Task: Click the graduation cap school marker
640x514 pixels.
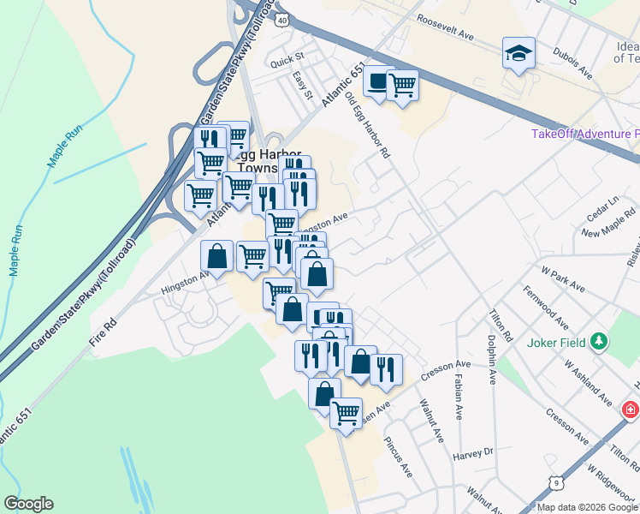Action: coord(519,53)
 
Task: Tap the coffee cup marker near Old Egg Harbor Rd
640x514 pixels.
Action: coord(377,81)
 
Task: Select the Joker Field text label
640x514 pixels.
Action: coord(554,343)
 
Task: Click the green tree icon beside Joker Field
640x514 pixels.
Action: coord(601,343)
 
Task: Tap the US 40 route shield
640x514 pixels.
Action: coord(282,18)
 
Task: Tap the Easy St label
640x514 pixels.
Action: coord(300,84)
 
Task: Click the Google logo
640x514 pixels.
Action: coord(28,504)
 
